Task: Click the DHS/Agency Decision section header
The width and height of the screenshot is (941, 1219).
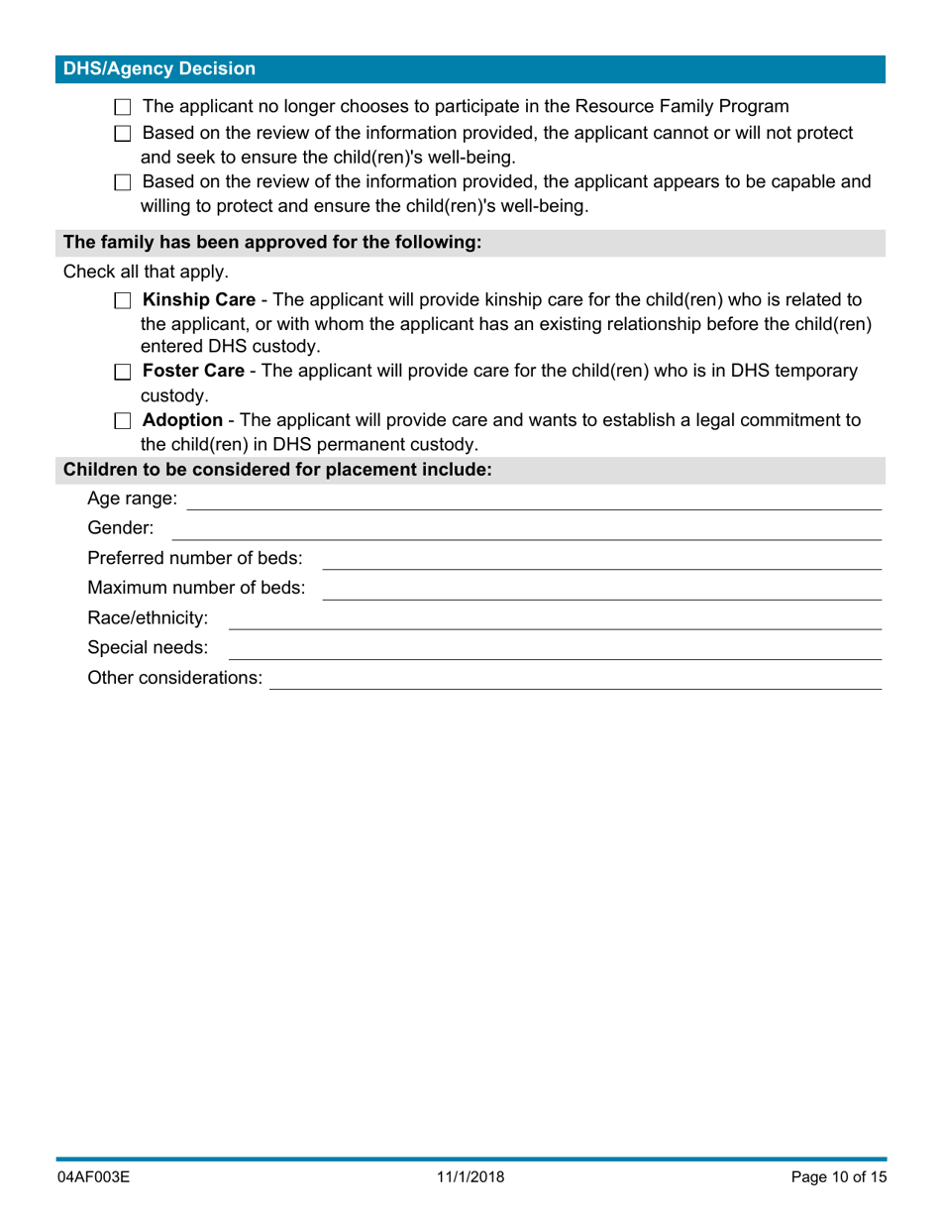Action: pos(159,69)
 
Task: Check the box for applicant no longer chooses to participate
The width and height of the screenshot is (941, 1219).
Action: pos(123,107)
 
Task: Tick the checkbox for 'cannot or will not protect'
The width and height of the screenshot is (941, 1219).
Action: pos(123,134)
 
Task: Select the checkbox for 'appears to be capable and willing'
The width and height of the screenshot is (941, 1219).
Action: pos(123,182)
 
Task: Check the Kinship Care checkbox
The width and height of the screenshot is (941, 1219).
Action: pos(123,300)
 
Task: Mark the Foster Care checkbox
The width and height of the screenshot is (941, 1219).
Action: pos(123,373)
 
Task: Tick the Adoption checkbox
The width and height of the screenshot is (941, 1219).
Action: pos(123,421)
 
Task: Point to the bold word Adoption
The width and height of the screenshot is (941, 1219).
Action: pos(182,420)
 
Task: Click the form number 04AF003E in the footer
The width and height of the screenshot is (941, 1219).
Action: pos(94,1178)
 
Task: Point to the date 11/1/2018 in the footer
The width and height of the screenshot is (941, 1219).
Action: pos(470,1178)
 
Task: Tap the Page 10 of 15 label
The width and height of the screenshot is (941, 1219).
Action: pos(838,1178)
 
